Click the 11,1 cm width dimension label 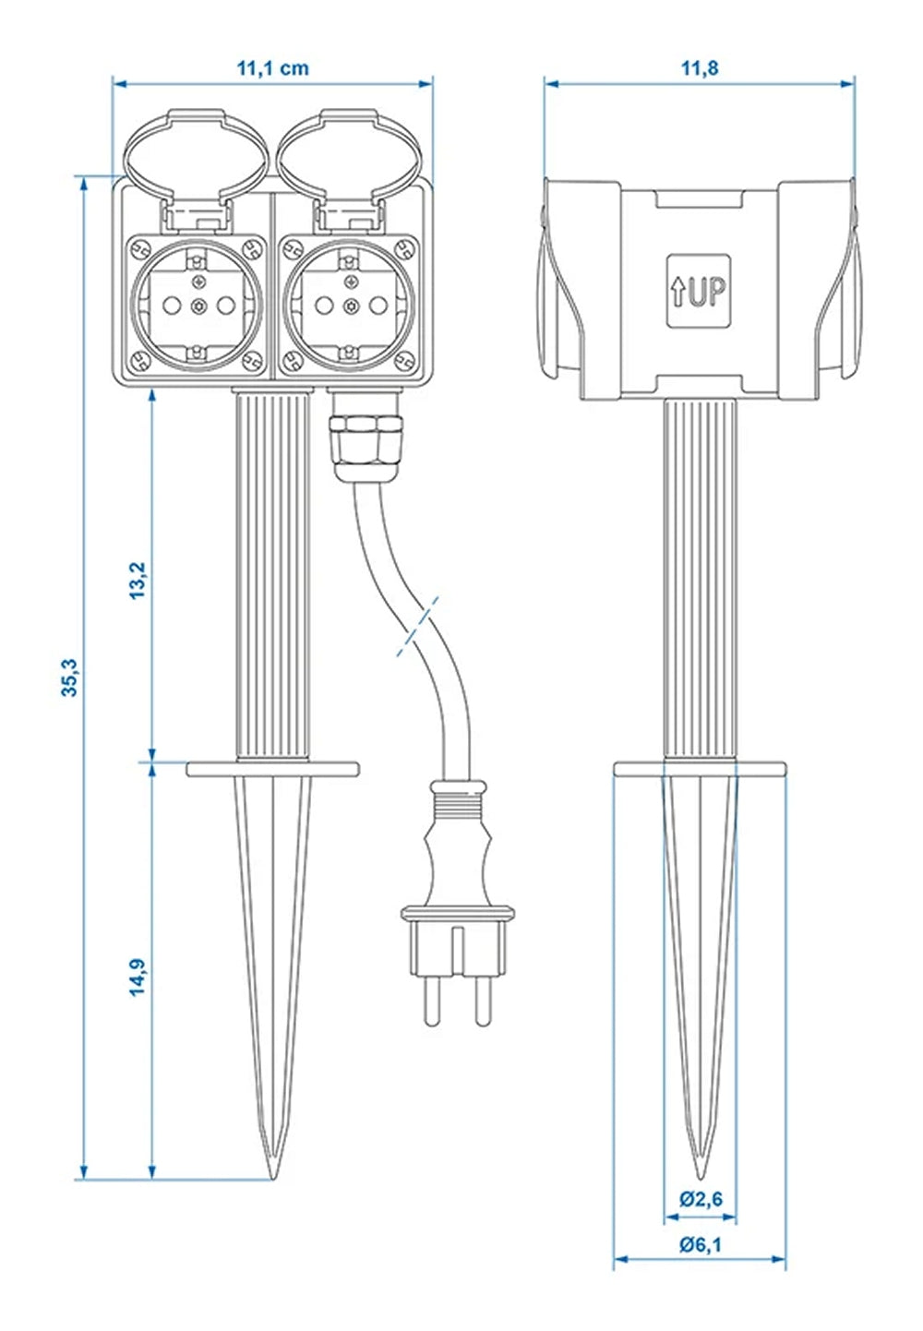pyautogui.click(x=272, y=67)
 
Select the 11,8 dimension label pyautogui.click(x=699, y=67)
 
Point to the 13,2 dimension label pyautogui.click(x=138, y=580)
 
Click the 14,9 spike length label pyautogui.click(x=138, y=976)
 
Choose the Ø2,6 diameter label pyautogui.click(x=701, y=1199)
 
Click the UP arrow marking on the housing pyautogui.click(x=698, y=291)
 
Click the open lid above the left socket pyautogui.click(x=195, y=150)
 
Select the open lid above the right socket pyautogui.click(x=350, y=150)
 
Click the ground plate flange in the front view pyautogui.click(x=272, y=769)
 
